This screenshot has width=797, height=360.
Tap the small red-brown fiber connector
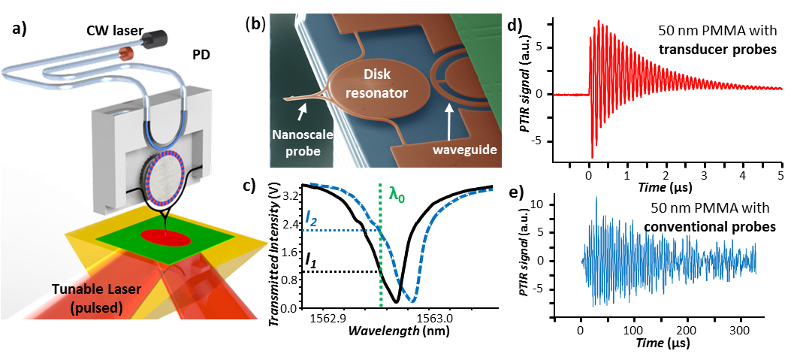point(128,52)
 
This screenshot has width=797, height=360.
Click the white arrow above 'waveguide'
point(451,120)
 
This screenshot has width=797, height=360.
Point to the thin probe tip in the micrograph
point(288,98)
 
